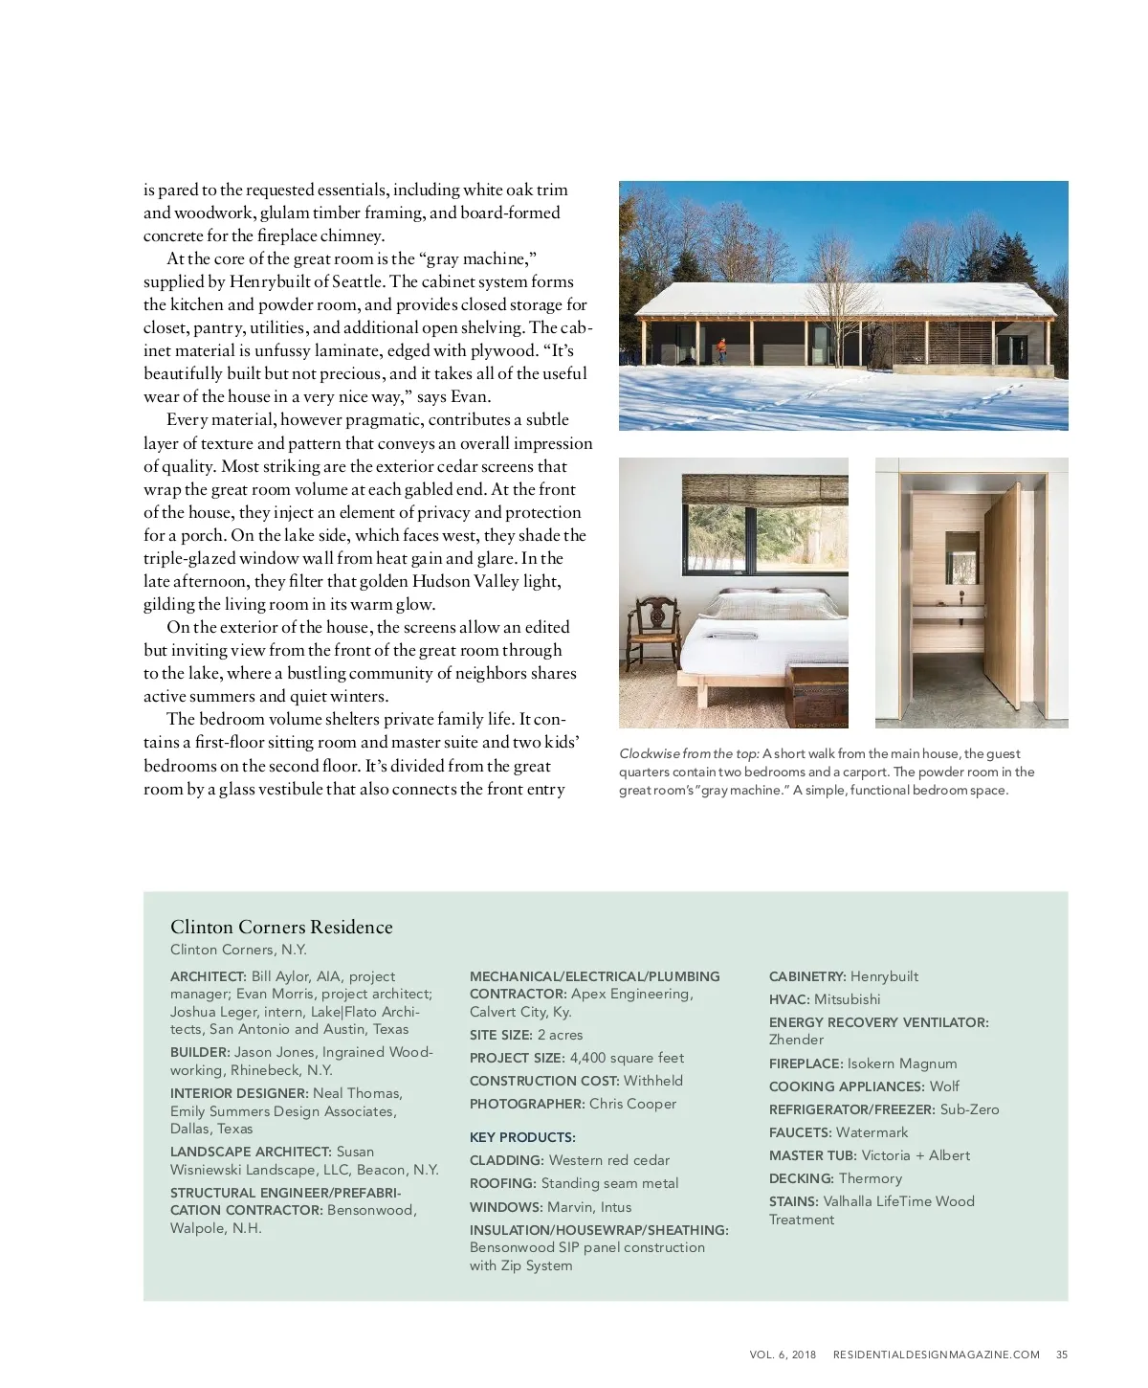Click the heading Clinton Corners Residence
point(281,927)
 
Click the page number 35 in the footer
point(1062,1354)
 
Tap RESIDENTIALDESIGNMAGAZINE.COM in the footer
point(936,1354)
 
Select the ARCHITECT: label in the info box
point(209,976)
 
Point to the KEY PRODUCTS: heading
point(522,1137)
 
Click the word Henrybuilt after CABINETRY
point(884,976)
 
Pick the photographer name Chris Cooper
point(632,1104)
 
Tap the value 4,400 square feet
point(627,1058)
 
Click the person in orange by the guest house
point(722,350)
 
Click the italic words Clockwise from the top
point(689,753)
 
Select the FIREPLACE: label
point(806,1063)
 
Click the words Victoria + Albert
point(916,1155)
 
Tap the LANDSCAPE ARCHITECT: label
point(251,1152)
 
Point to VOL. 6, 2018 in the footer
point(783,1354)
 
